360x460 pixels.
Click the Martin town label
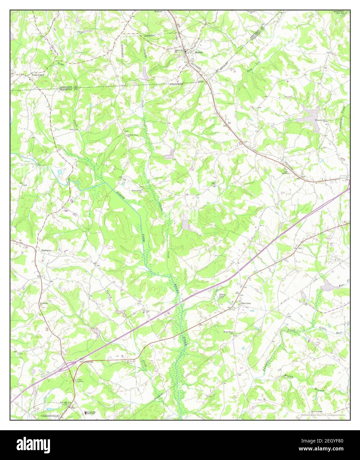tap(199, 52)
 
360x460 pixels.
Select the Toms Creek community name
tap(38, 75)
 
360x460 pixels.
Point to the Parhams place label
tap(46, 251)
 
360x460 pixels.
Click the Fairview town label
tap(246, 303)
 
